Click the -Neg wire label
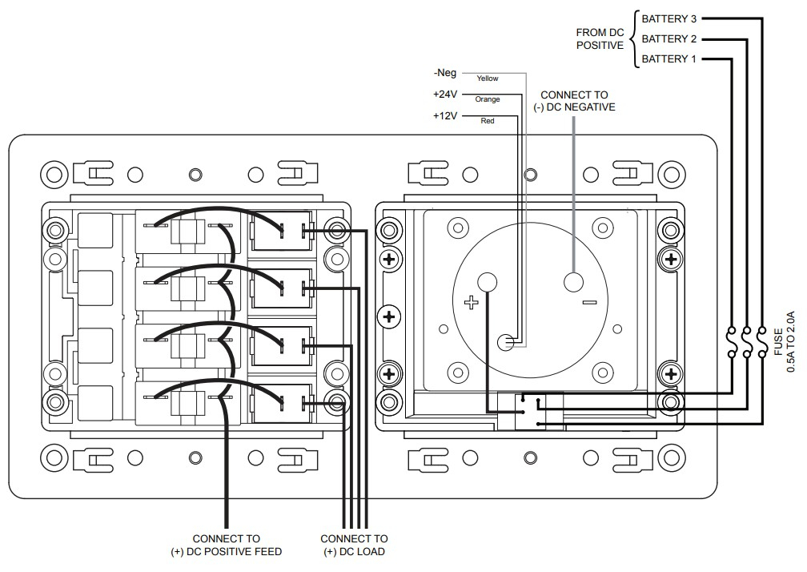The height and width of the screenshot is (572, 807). click(x=446, y=73)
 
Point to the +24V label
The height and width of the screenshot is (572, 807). click(x=444, y=95)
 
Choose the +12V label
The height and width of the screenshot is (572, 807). click(x=444, y=115)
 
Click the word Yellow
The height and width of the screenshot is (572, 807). click(x=487, y=79)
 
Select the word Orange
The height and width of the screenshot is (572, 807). click(x=487, y=99)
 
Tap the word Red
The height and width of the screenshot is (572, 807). click(x=487, y=121)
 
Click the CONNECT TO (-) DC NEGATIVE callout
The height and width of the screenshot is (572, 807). click(x=574, y=101)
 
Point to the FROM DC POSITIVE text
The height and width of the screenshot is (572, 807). click(x=600, y=38)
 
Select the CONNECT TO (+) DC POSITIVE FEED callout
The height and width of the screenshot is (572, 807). click(x=227, y=545)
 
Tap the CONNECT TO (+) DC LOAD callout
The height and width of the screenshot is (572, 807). click(x=354, y=545)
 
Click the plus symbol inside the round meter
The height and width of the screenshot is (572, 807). click(x=471, y=302)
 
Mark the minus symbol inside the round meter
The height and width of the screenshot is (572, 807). click(x=590, y=302)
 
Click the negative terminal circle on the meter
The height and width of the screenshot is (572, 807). click(x=574, y=282)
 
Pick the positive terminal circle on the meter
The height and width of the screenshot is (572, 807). click(x=487, y=281)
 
